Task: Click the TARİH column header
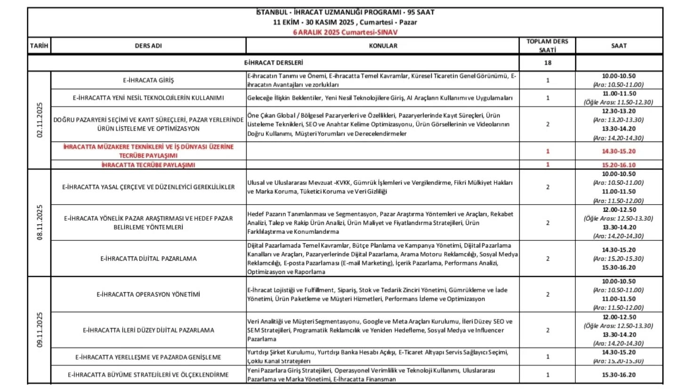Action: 39,46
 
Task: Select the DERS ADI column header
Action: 148,46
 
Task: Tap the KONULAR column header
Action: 382,46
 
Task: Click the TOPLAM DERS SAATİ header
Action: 548,45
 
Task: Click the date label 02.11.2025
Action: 39,120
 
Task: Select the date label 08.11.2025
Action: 39,223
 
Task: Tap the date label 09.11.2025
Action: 39,330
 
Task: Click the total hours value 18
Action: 548,63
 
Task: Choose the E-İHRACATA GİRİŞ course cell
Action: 148,80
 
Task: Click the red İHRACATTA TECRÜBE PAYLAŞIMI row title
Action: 148,165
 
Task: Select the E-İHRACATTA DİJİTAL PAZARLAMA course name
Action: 148,258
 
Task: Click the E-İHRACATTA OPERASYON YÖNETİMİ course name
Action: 148,294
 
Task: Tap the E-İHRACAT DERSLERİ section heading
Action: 274,62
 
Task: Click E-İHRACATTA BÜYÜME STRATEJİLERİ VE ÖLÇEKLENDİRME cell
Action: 148,375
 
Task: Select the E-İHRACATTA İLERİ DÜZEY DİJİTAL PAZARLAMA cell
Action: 148,330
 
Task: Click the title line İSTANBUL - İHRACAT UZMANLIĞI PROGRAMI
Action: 345,12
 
